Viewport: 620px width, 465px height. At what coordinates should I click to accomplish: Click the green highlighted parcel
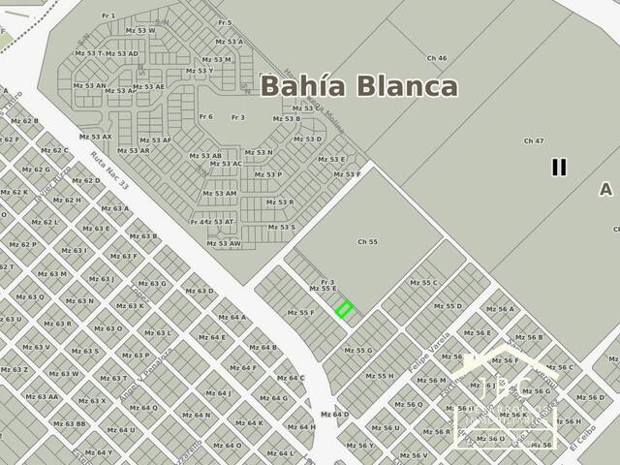click(344, 310)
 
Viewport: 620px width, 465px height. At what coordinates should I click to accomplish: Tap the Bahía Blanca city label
click(358, 85)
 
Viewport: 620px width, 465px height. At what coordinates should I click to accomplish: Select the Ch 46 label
click(436, 58)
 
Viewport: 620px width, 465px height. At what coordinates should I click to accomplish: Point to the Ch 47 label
click(533, 141)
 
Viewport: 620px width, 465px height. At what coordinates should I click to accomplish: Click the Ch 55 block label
click(367, 241)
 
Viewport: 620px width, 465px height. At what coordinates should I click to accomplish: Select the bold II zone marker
click(558, 167)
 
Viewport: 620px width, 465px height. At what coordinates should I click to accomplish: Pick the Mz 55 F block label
click(300, 313)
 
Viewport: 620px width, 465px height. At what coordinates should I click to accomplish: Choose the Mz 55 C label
click(423, 283)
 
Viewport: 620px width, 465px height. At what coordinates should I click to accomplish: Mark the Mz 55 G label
click(357, 351)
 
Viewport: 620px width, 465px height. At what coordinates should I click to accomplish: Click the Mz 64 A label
click(232, 317)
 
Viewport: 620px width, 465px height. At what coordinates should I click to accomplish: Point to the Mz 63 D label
click(200, 291)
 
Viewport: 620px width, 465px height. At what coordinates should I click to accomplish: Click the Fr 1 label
click(108, 15)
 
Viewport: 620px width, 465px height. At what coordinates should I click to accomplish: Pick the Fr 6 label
click(205, 117)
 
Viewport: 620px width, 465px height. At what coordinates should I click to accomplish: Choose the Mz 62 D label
click(85, 180)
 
